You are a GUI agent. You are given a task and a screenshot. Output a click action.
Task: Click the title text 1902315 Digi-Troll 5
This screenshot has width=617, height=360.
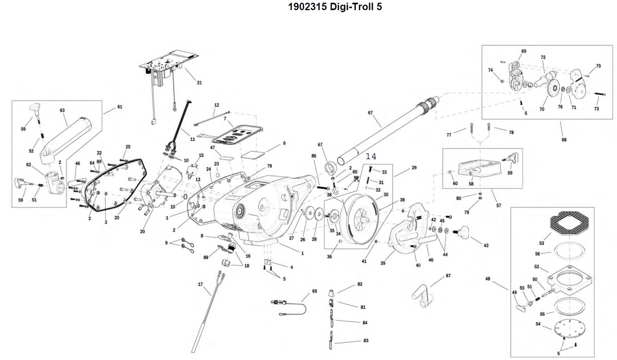pos(335,7)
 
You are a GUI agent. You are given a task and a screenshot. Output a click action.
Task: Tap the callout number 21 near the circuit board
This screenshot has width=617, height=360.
pos(199,82)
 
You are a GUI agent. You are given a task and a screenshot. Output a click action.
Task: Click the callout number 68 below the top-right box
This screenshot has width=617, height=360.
pos(564,140)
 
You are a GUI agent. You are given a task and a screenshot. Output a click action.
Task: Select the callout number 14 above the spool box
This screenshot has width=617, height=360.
pos(371,156)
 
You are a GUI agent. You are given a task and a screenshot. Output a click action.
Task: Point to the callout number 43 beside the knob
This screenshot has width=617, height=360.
pos(486,246)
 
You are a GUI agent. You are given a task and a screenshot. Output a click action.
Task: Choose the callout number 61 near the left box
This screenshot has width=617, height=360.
pos(120,107)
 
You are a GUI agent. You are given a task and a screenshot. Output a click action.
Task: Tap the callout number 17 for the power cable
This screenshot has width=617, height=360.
pos(200,284)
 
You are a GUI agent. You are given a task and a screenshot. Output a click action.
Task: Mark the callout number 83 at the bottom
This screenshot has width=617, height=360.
pos(366,340)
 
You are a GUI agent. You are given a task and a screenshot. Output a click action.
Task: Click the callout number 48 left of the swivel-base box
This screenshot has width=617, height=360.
pos(488,279)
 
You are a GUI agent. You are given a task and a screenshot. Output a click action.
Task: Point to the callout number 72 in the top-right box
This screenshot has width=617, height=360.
pos(543,57)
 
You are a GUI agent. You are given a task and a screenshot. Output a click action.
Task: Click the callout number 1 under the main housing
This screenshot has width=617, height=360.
pos(302,253)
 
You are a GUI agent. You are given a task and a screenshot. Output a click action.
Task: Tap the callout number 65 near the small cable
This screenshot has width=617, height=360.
pos(315,291)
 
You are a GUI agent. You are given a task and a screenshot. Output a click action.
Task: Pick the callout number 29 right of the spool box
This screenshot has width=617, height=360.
pos(414,168)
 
